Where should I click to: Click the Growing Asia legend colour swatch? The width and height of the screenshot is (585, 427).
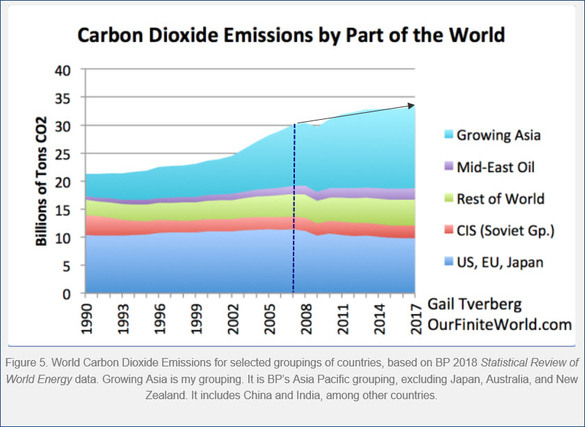click(x=445, y=135)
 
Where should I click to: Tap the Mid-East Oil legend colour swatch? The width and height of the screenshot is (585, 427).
click(x=445, y=167)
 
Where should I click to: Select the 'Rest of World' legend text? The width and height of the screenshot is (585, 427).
click(x=500, y=199)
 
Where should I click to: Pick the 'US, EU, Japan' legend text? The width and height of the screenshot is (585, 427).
click(x=499, y=263)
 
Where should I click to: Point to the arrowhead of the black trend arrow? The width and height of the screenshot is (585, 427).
click(x=412, y=105)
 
